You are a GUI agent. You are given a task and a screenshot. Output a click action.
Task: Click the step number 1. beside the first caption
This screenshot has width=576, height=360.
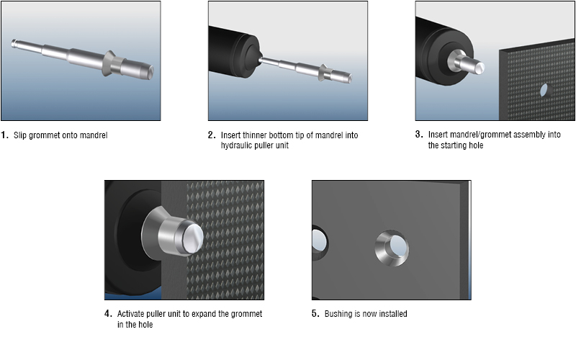coord(4,135)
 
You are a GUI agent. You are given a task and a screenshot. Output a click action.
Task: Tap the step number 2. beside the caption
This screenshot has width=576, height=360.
coord(212,135)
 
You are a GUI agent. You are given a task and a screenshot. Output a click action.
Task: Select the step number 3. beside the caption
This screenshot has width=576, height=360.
coord(419,135)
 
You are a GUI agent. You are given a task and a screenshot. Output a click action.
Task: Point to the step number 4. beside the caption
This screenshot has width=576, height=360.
coord(108,314)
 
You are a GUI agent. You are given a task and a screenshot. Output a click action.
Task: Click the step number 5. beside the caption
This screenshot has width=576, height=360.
coord(315,314)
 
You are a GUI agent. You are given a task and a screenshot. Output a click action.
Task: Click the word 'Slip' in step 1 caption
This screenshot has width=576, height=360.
coord(20,135)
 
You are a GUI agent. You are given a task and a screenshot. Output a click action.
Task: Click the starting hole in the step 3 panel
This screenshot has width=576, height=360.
coord(544,90)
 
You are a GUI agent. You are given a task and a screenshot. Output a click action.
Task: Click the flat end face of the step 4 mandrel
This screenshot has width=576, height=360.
coord(194,238)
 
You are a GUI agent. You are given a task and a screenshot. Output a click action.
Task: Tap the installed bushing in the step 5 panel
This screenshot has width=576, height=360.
coord(392,248)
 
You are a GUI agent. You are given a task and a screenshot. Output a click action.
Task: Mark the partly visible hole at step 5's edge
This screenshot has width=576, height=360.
coord(319,243)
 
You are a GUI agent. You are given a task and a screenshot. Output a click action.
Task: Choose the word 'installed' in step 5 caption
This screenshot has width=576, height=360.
coord(393,314)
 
